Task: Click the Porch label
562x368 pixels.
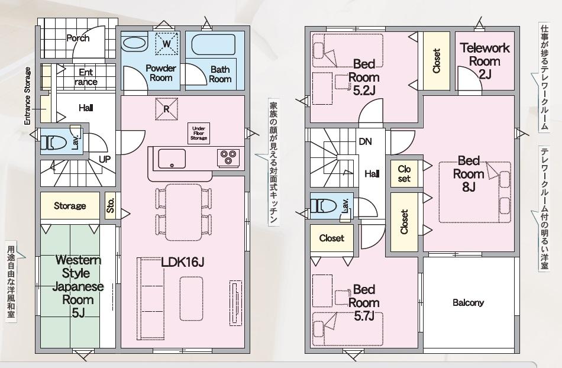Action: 77,38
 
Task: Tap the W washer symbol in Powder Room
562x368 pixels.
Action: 167,44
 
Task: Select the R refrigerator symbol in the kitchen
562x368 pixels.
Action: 166,109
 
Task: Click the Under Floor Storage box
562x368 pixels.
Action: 199,133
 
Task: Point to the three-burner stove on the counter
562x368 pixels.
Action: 228,157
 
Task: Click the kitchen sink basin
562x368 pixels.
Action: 172,159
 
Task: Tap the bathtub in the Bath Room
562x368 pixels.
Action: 214,44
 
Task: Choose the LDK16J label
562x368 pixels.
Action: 182,262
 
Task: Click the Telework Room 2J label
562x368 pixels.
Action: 485,60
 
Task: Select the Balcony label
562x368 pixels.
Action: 468,302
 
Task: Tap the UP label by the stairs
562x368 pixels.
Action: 105,159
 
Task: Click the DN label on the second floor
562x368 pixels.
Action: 365,141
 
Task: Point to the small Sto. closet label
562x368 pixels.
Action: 111,205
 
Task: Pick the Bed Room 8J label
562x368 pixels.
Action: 469,173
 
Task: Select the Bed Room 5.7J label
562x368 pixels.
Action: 364,302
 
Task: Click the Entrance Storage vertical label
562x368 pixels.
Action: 28,96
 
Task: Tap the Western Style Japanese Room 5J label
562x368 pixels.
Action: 78,286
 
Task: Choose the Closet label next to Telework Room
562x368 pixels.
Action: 436,61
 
